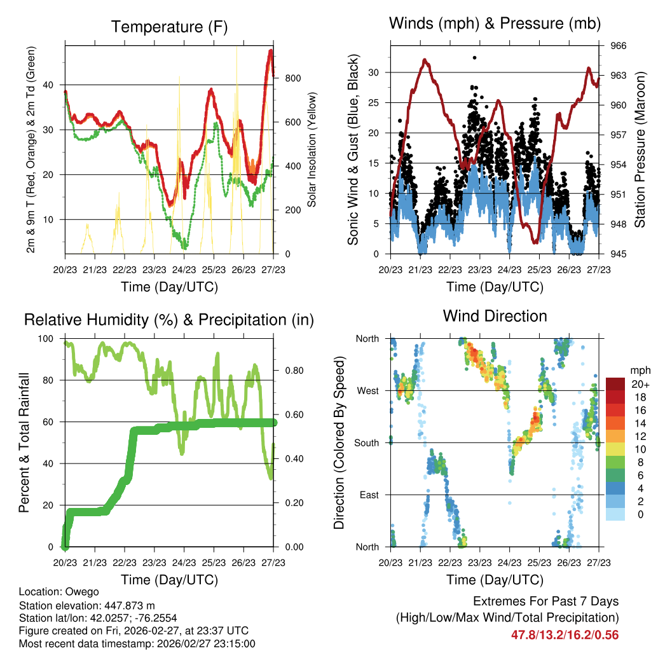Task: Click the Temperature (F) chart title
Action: pyautogui.click(x=169, y=27)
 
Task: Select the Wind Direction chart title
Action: pyautogui.click(x=495, y=316)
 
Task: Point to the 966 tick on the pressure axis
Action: pyautogui.click(x=619, y=46)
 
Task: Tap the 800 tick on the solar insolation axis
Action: pyautogui.click(x=292, y=78)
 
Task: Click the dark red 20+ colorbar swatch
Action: pyautogui.click(x=615, y=384)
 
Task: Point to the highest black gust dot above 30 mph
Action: pyautogui.click(x=474, y=58)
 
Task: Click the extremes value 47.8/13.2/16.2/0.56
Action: pyautogui.click(x=565, y=634)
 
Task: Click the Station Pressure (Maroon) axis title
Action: pyautogui.click(x=640, y=149)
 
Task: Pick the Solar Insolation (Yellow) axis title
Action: pyautogui.click(x=312, y=149)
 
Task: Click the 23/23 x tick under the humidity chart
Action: pyautogui.click(x=154, y=563)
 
